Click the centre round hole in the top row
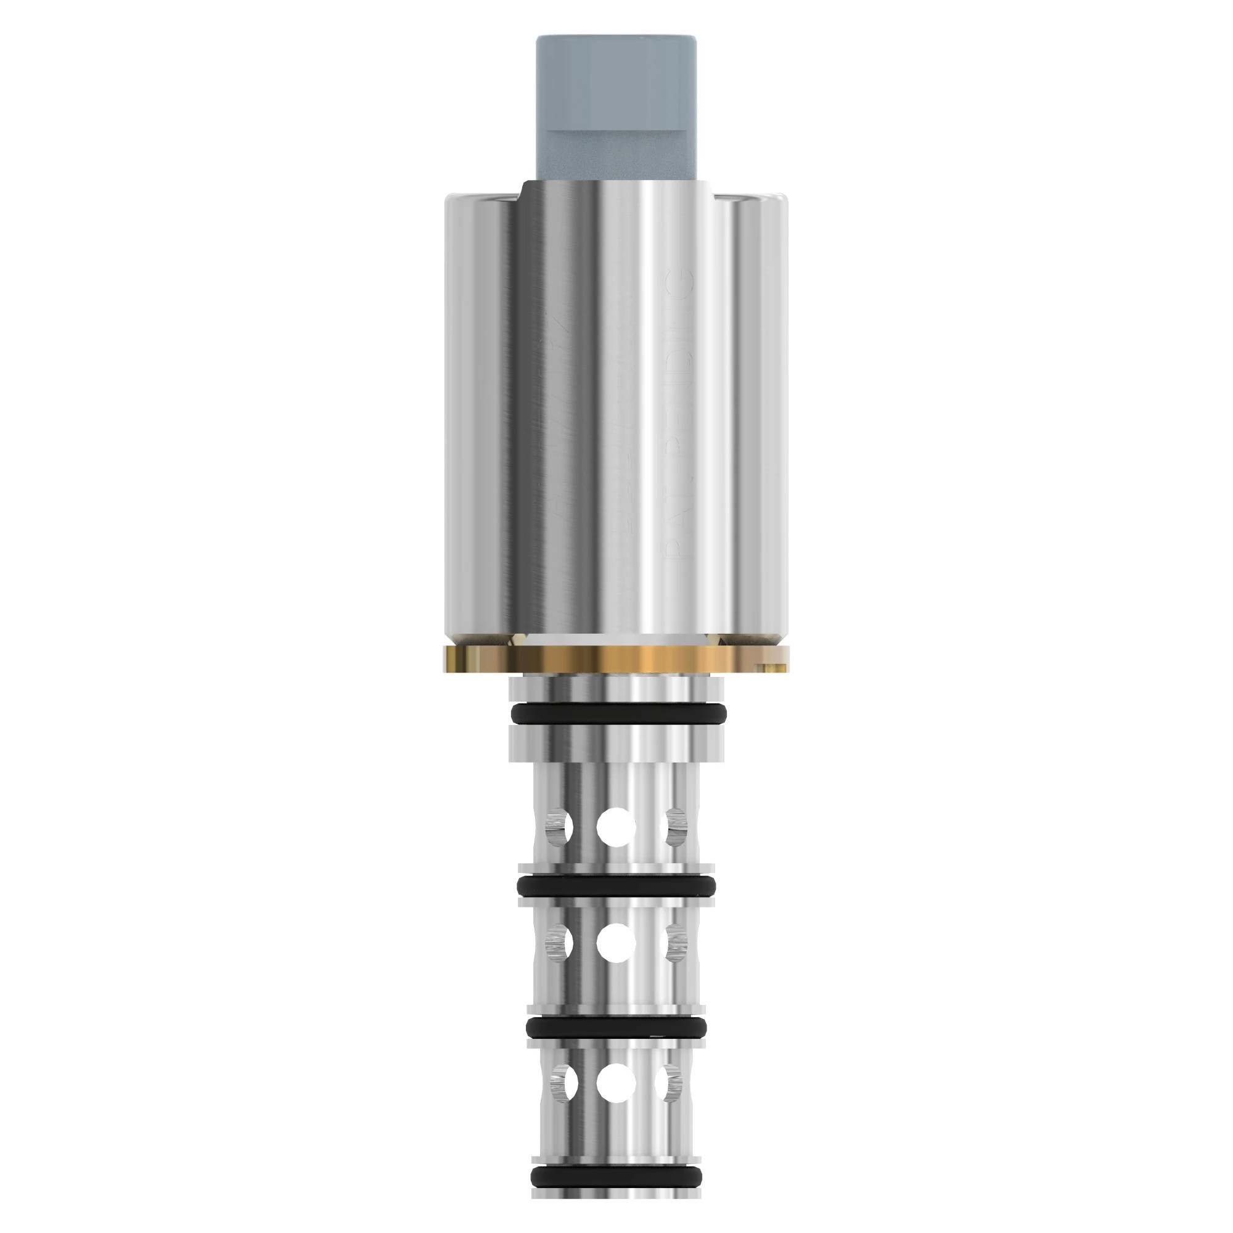click(616, 827)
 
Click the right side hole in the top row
click(676, 827)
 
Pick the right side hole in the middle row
click(675, 961)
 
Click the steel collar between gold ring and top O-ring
click(616, 688)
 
